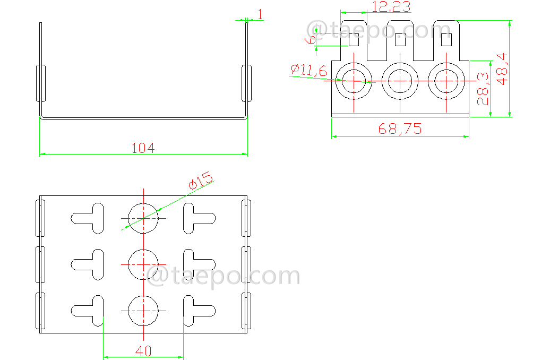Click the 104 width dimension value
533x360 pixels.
click(143, 148)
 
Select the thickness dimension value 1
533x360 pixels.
click(260, 14)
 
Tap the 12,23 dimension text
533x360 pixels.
click(390, 7)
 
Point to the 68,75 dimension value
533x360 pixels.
click(400, 128)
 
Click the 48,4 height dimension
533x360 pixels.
click(502, 68)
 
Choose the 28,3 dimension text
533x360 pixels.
click(483, 89)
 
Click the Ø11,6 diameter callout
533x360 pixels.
click(308, 70)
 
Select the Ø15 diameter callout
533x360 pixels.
click(200, 181)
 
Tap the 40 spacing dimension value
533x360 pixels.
click(143, 351)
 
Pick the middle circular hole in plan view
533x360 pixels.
click(143, 264)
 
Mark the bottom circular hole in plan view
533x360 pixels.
click(143, 311)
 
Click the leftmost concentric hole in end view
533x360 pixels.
click(354, 81)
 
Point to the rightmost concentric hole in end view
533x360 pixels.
click(447, 81)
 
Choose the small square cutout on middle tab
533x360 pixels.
click(401, 40)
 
